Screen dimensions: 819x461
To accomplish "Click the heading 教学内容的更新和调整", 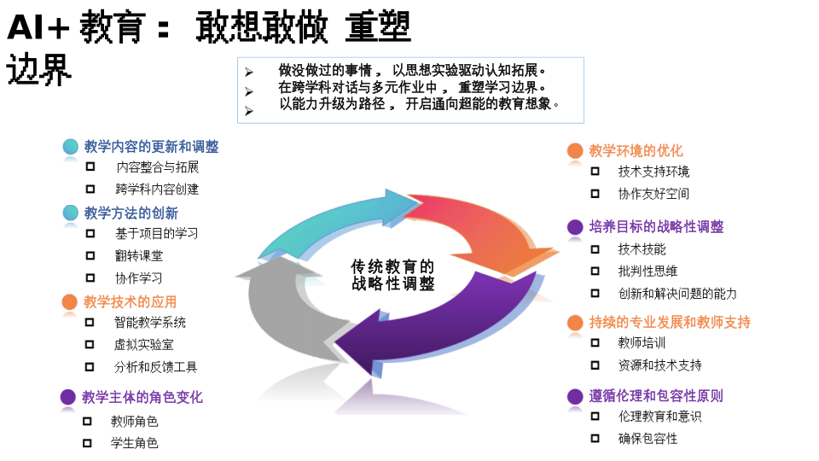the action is click(151, 147).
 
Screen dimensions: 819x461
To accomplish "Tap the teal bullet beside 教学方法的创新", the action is click(71, 213).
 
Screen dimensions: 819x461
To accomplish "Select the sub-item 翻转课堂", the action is click(139, 255).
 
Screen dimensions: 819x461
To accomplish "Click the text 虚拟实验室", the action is click(143, 344).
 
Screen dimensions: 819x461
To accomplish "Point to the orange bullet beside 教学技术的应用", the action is click(70, 301).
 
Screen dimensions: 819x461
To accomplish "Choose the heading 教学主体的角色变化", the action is click(142, 397).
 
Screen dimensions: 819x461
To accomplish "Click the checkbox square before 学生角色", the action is click(87, 443).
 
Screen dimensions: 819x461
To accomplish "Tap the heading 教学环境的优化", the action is click(636, 150).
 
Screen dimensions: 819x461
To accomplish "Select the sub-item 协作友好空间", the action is click(653, 194).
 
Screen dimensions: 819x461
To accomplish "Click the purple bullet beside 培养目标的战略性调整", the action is click(575, 226).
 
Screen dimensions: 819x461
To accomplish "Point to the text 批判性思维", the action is click(648, 271).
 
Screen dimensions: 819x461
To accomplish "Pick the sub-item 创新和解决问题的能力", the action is click(677, 293).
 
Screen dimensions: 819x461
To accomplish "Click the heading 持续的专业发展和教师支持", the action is click(670, 322).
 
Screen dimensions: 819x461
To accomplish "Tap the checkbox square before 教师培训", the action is click(595, 343).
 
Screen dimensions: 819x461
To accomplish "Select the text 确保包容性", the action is click(648, 438).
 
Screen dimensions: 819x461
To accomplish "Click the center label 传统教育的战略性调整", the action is click(392, 275).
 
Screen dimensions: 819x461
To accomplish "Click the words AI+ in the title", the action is click(38, 29).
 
